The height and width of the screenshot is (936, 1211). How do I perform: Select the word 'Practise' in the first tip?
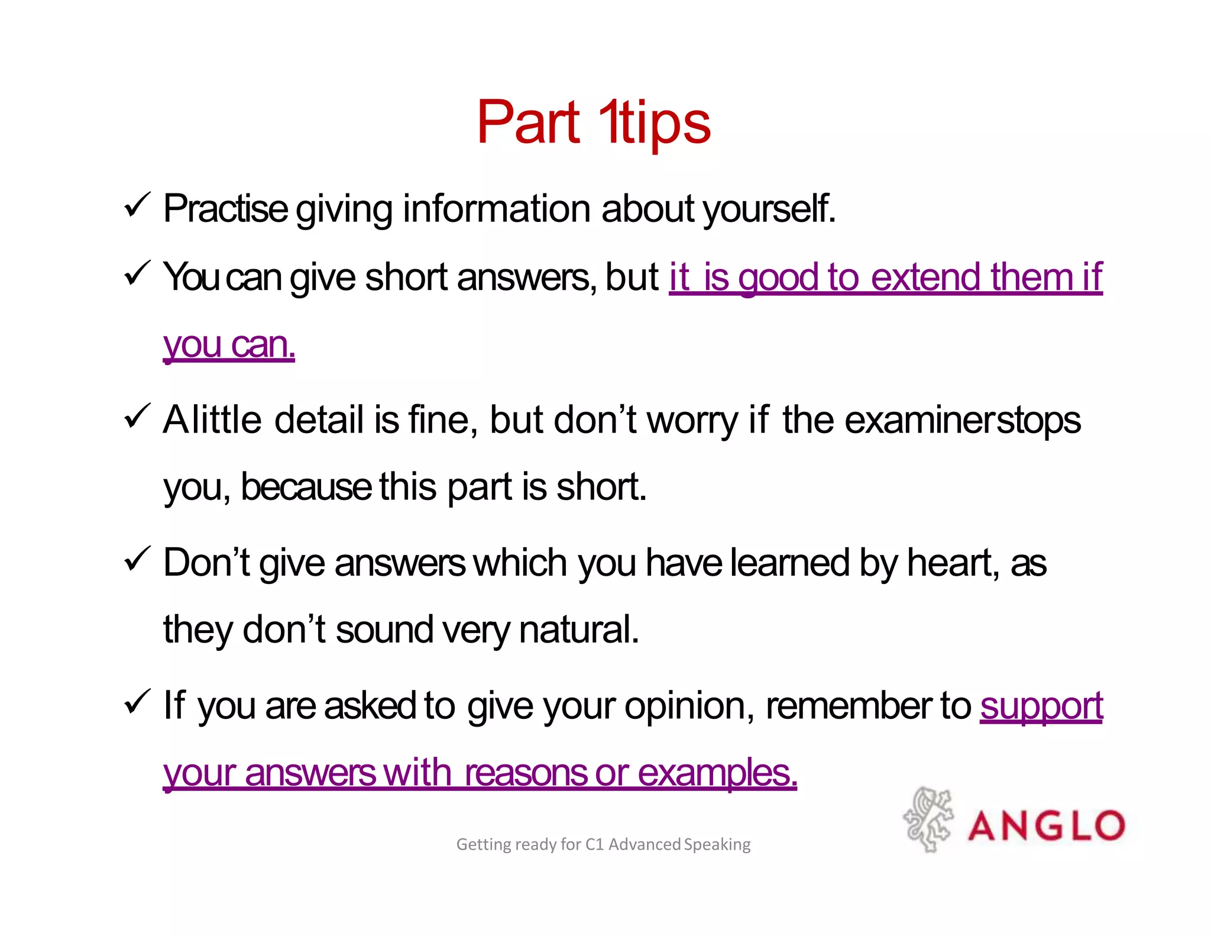[225, 209]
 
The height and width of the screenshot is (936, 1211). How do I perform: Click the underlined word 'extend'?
[927, 277]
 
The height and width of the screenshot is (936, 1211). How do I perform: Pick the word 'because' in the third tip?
[306, 488]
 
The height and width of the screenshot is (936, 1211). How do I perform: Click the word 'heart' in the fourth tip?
[951, 563]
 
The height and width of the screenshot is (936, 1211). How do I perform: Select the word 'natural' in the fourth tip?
[578, 630]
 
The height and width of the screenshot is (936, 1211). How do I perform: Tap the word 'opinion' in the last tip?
[689, 706]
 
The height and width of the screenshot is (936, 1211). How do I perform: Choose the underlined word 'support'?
[1041, 706]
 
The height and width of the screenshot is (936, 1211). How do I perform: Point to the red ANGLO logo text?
[1045, 825]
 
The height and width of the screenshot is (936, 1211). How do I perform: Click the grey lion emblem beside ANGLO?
[928, 819]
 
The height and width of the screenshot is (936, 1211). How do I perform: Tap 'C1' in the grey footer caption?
[594, 844]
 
